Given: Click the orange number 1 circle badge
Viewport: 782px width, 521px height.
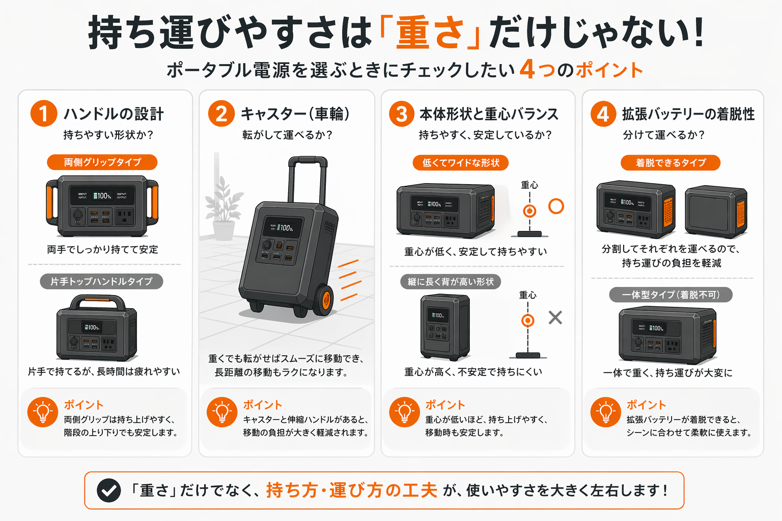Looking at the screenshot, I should pos(44,113).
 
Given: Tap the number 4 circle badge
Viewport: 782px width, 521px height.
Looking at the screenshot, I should pos(603,113).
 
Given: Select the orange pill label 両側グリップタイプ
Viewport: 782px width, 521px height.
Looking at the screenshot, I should pos(102,162).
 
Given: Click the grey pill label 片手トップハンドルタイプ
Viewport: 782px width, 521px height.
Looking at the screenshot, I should pos(101,281).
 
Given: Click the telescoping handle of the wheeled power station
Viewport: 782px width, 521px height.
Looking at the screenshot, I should pos(308,178).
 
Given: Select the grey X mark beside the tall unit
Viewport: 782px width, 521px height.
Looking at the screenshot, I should pos(555,317).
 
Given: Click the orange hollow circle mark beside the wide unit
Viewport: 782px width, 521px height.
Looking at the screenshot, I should pos(556,206).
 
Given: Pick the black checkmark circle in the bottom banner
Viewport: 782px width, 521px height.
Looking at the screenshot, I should pos(108,490).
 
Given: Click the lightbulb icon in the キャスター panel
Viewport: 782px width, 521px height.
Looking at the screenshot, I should pos(222,412).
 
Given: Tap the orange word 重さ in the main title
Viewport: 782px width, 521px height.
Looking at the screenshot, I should pos(430,33).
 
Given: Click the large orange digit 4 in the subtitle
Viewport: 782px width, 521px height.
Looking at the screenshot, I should pos(527,69).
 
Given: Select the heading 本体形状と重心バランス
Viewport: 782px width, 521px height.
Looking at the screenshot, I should pos(489,114).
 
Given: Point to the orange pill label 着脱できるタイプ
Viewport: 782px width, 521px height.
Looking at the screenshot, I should pos(671,163).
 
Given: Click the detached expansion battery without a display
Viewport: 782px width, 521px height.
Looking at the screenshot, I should pos(715,211).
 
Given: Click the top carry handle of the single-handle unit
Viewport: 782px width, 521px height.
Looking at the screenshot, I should pos(97,302).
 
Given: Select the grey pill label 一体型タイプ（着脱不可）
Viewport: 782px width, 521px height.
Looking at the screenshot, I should pos(671,295).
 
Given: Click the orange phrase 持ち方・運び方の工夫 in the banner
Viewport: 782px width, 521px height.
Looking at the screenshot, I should pos(351,490).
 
